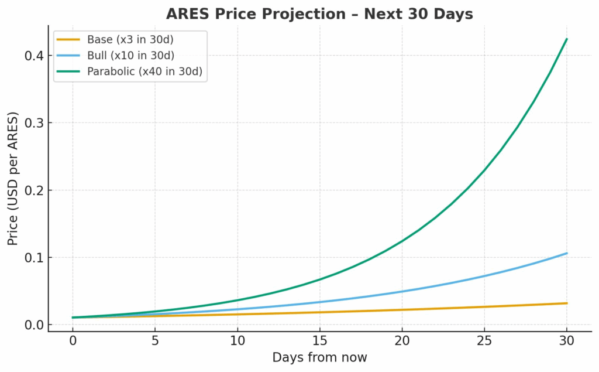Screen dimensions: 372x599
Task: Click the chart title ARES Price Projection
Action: coord(319,13)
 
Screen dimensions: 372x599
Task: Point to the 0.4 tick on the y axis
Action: coord(35,56)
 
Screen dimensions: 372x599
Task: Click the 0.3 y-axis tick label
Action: coord(35,123)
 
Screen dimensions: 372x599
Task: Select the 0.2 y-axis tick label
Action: coord(35,190)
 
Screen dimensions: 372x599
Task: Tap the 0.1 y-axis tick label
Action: coord(35,258)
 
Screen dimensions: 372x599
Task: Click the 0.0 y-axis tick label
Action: coord(35,325)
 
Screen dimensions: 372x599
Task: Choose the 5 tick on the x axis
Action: coord(155,340)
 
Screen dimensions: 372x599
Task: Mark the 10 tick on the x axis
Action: coord(237,340)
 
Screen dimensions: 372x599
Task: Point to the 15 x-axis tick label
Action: coord(319,340)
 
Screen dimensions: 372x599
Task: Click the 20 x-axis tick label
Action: coord(402,340)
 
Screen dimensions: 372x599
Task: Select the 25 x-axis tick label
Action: coord(484,340)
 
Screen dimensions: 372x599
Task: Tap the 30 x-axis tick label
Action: coord(567,340)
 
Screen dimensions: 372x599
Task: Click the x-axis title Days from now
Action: coord(319,357)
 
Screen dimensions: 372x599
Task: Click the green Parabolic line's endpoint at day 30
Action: coord(567,39)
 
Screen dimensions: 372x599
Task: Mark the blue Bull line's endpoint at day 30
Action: coord(567,253)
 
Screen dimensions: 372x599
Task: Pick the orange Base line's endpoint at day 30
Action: coord(567,303)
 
